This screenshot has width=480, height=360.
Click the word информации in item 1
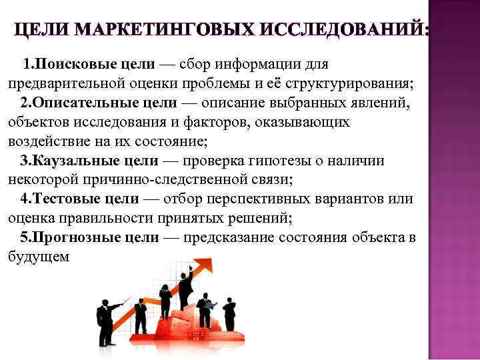point(265,64)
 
